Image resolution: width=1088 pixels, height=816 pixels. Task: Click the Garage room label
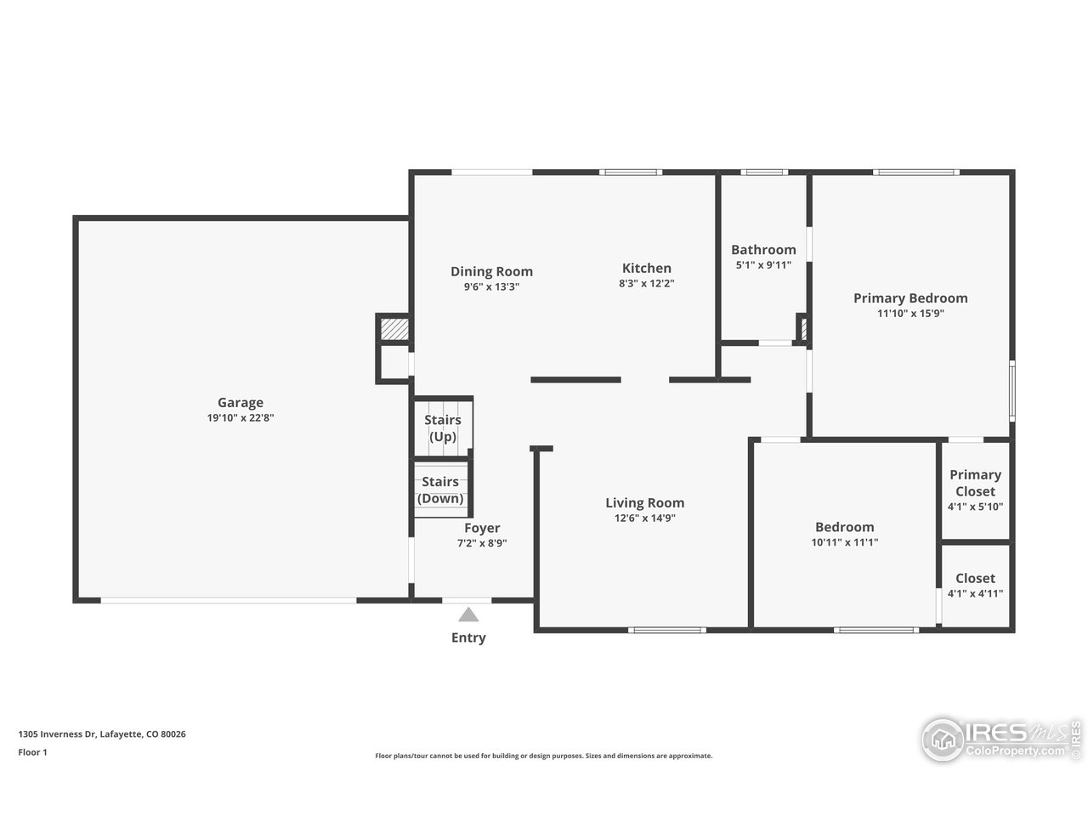point(241,403)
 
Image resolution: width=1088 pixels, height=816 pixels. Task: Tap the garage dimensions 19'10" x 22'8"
point(241,417)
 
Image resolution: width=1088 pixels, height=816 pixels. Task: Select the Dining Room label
point(491,272)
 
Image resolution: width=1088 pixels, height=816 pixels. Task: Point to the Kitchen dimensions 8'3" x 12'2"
point(646,284)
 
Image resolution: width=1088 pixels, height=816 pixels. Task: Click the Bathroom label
point(763,250)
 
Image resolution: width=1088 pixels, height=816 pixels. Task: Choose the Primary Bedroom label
point(910,298)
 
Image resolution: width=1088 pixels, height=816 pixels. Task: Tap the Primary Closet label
point(975,483)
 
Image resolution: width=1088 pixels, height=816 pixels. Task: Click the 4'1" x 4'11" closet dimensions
point(975,593)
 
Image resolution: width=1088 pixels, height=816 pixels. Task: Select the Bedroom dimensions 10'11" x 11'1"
point(844,541)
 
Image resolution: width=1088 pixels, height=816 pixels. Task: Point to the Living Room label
point(644,503)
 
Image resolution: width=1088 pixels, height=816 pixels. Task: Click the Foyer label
point(482,529)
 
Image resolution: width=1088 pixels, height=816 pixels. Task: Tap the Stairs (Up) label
point(443,428)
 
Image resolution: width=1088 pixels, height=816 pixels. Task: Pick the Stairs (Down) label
point(440,490)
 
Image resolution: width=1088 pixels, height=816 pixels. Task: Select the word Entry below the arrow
point(468,637)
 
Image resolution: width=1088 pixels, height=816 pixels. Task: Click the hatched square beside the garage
point(392,328)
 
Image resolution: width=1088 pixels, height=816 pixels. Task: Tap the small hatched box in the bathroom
point(801,328)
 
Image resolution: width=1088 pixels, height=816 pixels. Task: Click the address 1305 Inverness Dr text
point(102,734)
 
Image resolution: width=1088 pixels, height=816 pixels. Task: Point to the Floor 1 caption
point(32,752)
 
